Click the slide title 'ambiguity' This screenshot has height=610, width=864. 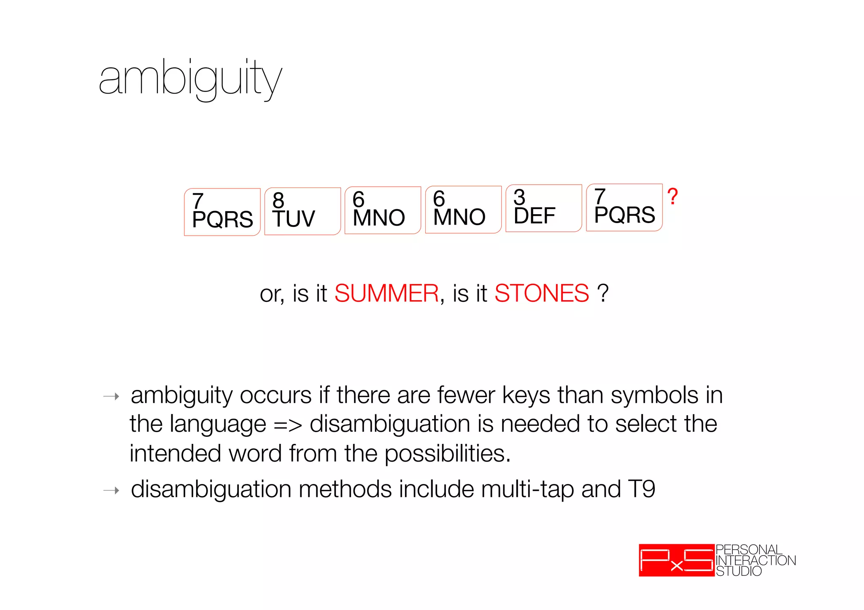(190, 79)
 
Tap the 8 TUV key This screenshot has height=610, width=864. (302, 211)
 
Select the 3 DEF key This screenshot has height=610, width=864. (543, 208)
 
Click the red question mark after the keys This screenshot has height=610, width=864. (672, 197)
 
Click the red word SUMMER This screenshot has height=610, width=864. (386, 293)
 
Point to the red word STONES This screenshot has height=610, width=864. (541, 293)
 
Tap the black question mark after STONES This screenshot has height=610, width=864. (603, 293)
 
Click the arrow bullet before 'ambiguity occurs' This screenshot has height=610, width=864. (111, 396)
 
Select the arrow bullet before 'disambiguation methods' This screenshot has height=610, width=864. (111, 490)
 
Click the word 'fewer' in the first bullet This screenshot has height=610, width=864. (466, 395)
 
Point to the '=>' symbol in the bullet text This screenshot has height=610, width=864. (288, 425)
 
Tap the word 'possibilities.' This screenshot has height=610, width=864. (448, 454)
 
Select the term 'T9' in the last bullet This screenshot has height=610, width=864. (641, 489)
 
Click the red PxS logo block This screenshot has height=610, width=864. (676, 560)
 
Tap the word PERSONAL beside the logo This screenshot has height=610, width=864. (749, 550)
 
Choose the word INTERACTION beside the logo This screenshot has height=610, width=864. (756, 560)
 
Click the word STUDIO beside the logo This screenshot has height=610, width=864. (739, 571)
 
